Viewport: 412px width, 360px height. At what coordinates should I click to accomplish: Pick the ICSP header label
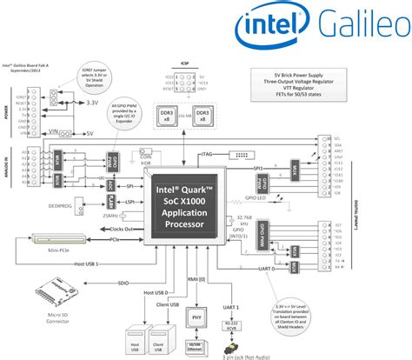tap(185, 62)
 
